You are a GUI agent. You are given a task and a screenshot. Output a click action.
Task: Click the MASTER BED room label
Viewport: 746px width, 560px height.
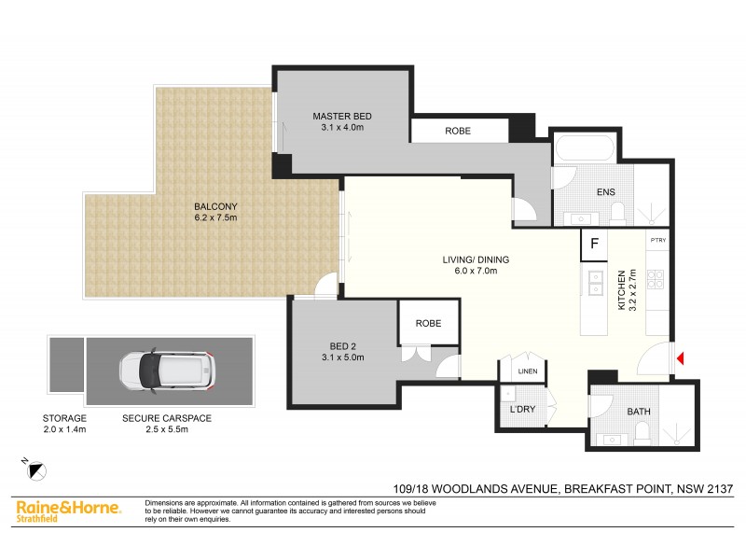click(342, 116)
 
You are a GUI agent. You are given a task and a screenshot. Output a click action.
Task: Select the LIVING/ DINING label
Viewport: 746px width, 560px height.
click(475, 259)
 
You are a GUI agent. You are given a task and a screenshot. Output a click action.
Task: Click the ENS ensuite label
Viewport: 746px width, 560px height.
click(607, 192)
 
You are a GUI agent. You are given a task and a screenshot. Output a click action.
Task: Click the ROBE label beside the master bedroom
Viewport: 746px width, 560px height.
click(457, 132)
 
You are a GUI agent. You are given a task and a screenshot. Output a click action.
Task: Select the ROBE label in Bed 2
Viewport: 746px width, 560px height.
click(428, 323)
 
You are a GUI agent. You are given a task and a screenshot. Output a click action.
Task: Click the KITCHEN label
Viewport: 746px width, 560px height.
click(621, 291)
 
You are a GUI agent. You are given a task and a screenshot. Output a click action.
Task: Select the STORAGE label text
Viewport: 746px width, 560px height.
click(65, 418)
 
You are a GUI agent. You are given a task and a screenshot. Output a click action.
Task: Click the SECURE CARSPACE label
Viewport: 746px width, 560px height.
click(168, 418)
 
